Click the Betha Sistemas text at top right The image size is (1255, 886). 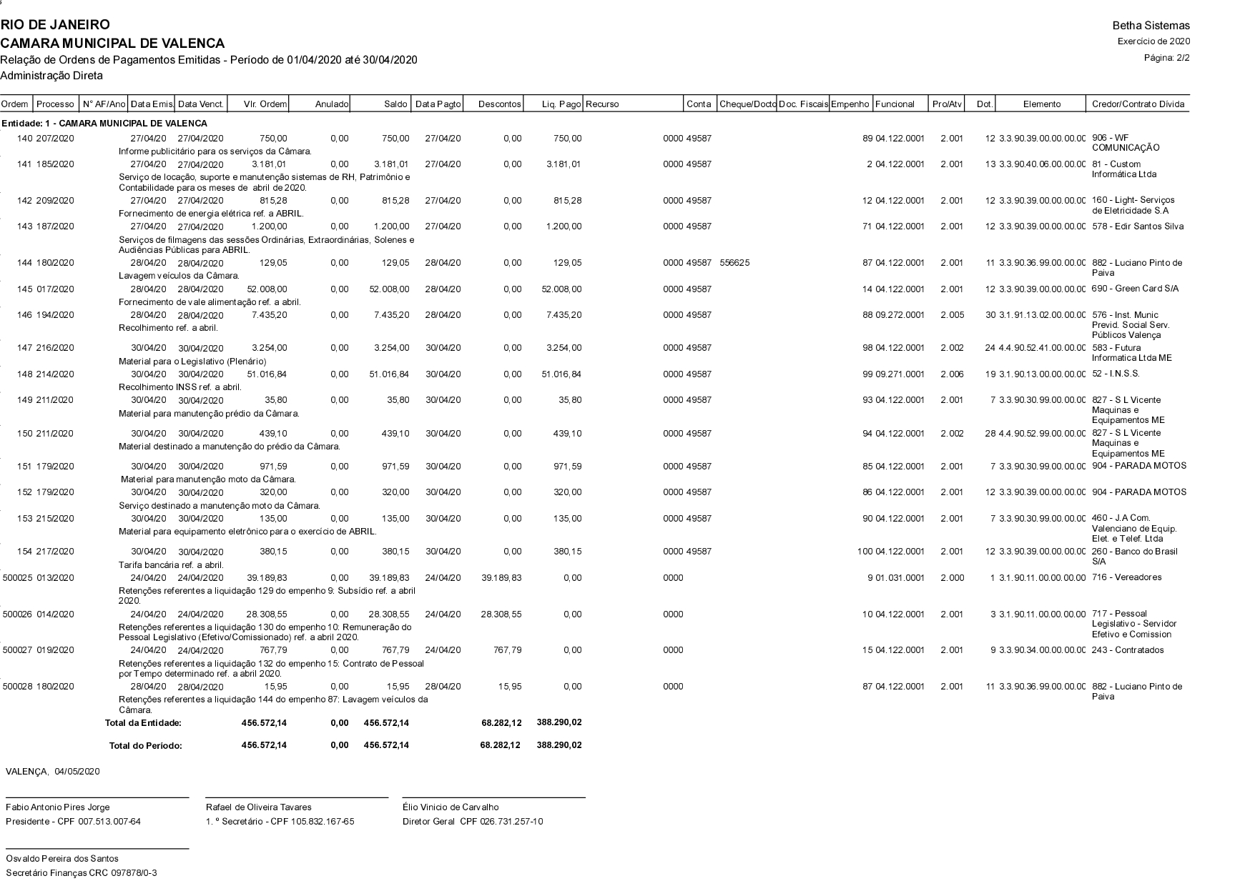tap(1151, 26)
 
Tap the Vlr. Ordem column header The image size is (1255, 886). tap(265, 104)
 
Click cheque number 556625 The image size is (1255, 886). tap(734, 263)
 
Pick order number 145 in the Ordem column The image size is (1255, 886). tap(25, 289)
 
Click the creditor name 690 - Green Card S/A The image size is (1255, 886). tap(1135, 289)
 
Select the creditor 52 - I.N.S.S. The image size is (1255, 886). tap(1116, 374)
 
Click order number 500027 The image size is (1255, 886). tap(18, 650)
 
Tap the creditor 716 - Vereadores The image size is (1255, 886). tap(1126, 577)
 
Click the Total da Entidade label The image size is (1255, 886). tap(143, 723)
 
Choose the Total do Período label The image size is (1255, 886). tap(145, 746)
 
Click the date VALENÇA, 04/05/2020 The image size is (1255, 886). tap(53, 772)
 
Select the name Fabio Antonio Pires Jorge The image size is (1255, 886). tap(58, 807)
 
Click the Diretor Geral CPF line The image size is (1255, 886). tap(473, 822)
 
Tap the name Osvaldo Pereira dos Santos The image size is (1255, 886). tap(62, 859)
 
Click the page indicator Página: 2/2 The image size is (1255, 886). tap(1167, 57)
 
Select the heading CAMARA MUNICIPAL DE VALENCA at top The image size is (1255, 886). tap(112, 44)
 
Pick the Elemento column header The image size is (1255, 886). tap(1041, 104)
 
